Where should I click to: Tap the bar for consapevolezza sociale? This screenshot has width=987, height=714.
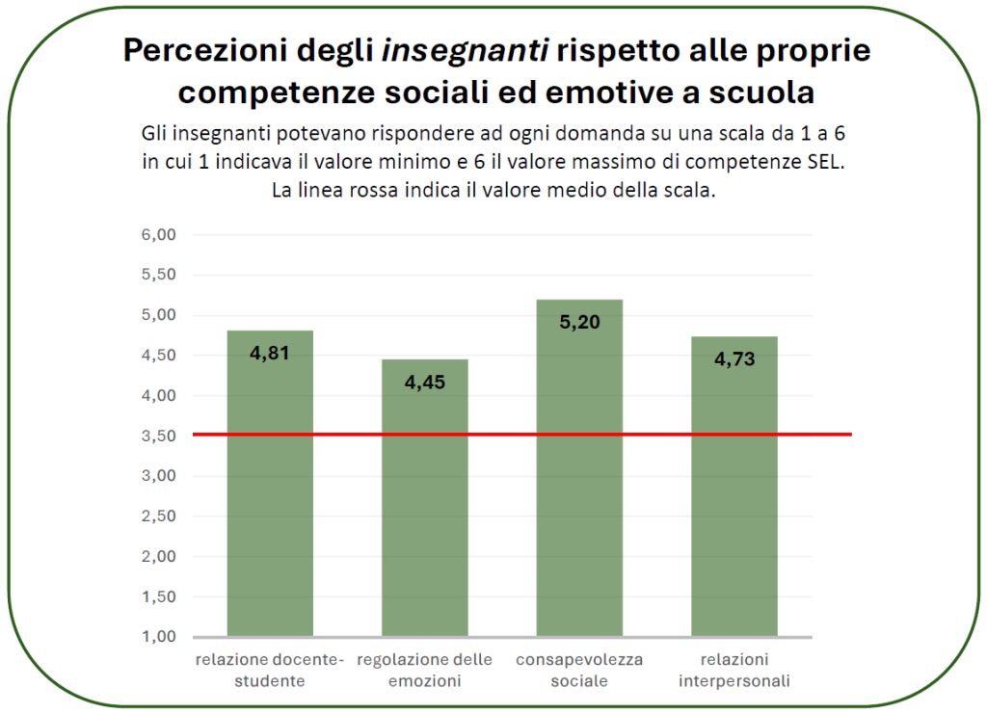579,482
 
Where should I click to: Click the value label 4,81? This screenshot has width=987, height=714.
270,353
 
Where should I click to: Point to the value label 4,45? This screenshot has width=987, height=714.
424,382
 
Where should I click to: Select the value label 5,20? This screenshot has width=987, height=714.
579,322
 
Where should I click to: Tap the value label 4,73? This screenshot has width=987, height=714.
734,359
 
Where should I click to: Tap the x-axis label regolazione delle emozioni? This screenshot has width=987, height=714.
424,671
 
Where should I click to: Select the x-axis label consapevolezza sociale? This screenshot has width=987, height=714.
579,671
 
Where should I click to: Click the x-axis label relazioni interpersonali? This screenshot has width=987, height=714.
734,671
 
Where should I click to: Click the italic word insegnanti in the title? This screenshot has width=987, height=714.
466,51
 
